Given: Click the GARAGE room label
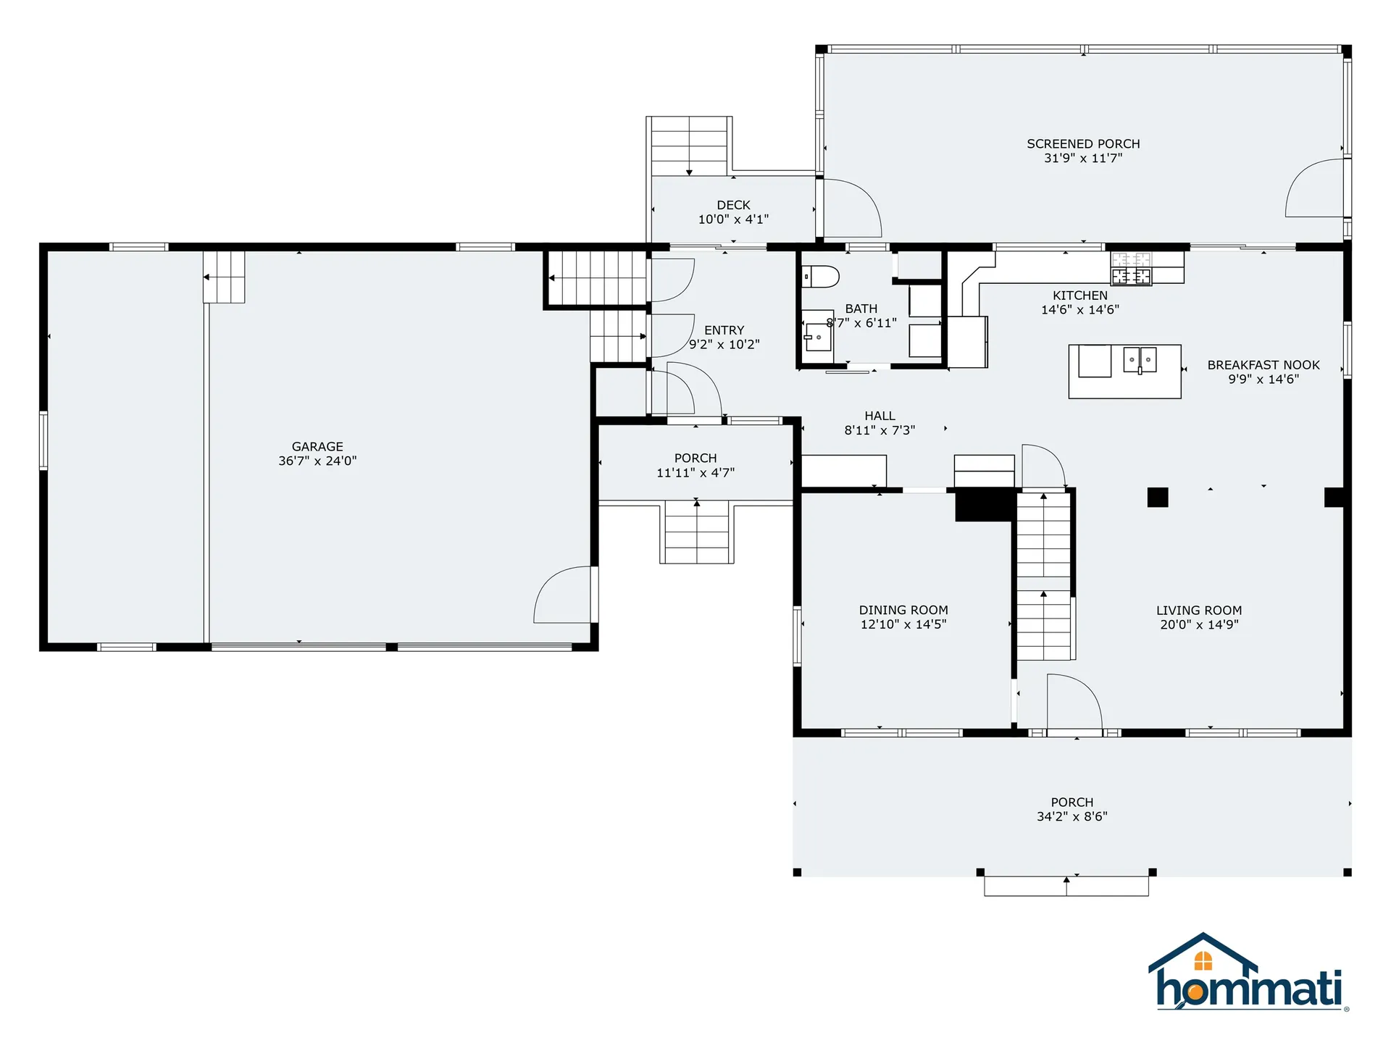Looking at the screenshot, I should pyautogui.click(x=317, y=447).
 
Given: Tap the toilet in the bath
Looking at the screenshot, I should pyautogui.click(x=820, y=277).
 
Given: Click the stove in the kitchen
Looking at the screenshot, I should pyautogui.click(x=1131, y=269).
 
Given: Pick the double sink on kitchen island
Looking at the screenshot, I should pyautogui.click(x=1140, y=359).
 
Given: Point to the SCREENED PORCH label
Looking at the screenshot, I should pyautogui.click(x=1083, y=144).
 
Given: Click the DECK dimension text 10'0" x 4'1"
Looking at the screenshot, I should pyautogui.click(x=733, y=219).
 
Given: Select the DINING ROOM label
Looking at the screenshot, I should pyautogui.click(x=903, y=611).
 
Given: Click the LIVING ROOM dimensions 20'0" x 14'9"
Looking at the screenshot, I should pyautogui.click(x=1199, y=625).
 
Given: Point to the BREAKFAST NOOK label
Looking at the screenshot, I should pyautogui.click(x=1263, y=365).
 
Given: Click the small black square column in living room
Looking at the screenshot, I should pyautogui.click(x=1157, y=498).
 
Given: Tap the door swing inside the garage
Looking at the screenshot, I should pyautogui.click(x=562, y=597).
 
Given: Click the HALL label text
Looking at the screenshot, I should pyautogui.click(x=880, y=416).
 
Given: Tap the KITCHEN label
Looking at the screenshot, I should pyautogui.click(x=1079, y=296).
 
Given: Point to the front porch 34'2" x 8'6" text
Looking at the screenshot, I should pyautogui.click(x=1072, y=816).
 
